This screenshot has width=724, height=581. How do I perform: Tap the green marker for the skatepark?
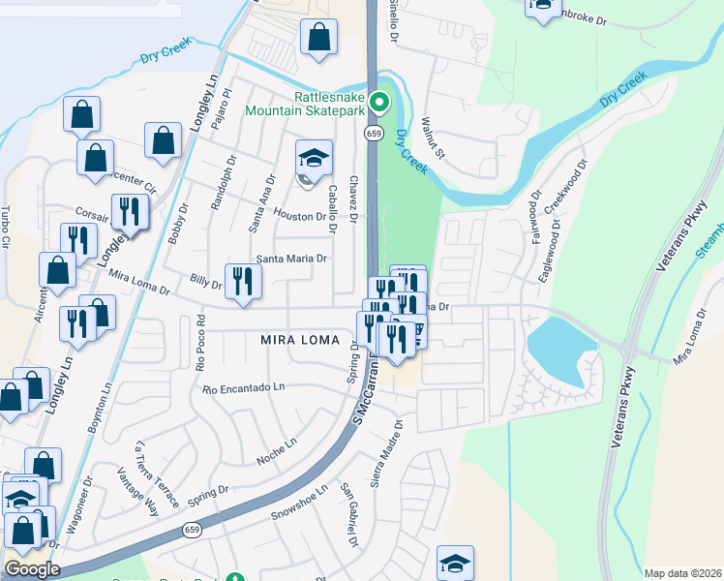coord(380,101)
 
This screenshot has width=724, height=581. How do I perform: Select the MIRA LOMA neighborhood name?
coord(299,340)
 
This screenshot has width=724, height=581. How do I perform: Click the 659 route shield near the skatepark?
coord(372,134)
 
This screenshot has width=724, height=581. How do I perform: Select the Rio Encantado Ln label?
coord(244,387)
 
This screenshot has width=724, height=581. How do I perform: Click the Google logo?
coord(32,568)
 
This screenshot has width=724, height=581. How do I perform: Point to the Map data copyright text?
coord(681,573)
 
